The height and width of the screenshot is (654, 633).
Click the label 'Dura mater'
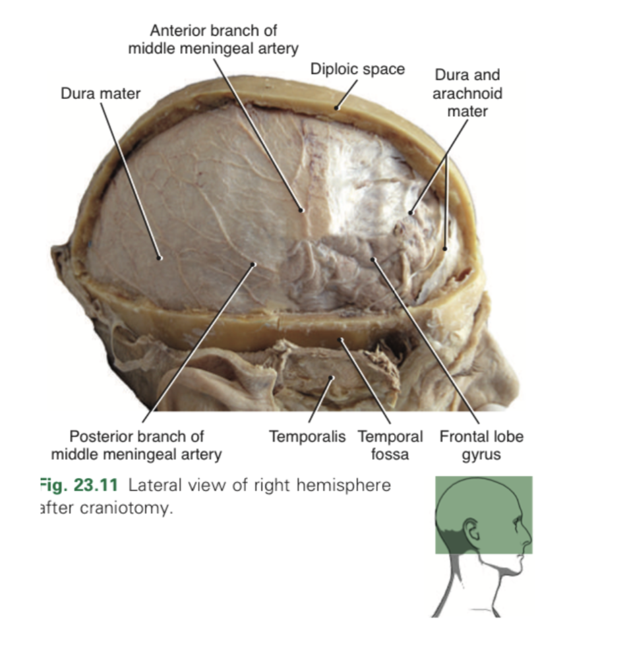100,94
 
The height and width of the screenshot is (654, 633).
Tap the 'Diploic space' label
357,69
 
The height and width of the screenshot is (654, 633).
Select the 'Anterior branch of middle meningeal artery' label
213,40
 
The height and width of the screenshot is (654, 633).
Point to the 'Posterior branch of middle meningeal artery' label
136,445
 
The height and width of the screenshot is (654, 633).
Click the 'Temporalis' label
307,436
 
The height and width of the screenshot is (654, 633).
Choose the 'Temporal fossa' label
390,445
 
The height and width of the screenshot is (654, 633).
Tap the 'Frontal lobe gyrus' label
481,445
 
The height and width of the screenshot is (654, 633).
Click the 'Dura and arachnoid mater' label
467,93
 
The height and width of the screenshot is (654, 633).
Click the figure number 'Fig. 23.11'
78,486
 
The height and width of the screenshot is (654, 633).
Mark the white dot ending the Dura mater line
160,258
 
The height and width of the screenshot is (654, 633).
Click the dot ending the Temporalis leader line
333,378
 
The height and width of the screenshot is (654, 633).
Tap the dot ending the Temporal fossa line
342,340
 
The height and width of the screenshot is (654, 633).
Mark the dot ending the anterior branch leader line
302,210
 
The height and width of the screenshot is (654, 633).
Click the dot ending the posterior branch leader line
254,265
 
